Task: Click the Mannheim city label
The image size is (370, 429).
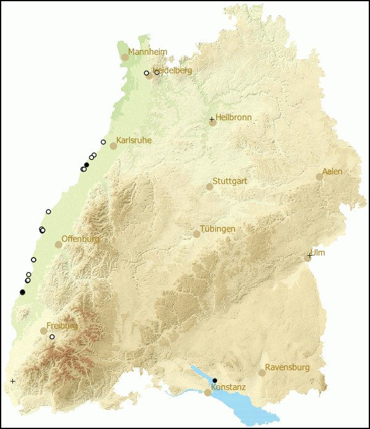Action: point(147,52)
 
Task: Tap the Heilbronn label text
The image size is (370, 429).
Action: point(233,117)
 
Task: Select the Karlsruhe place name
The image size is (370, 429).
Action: point(134,141)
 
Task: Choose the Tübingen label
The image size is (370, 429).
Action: point(217,229)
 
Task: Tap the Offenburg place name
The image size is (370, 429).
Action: point(80,239)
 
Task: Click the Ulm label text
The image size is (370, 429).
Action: point(318,253)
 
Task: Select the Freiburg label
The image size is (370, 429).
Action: point(62,325)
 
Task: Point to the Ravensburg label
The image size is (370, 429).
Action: point(287,367)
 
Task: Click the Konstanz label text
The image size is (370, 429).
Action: point(228,387)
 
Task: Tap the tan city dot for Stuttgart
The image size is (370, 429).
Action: point(210,186)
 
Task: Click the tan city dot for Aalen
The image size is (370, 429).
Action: point(319,177)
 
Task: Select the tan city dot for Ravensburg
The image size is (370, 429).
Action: point(262,373)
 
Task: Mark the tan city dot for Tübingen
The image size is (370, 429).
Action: point(197,234)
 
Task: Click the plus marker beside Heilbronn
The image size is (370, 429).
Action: point(212,119)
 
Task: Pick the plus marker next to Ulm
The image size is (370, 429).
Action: point(310,255)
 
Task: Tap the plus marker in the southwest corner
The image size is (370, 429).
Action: point(13,381)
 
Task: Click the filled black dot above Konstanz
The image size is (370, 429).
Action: point(215,380)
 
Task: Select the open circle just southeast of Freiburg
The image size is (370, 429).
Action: point(52,337)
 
